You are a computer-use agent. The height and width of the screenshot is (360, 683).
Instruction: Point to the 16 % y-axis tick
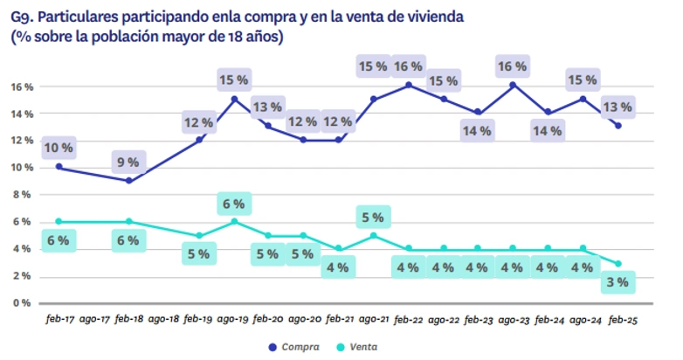pyautogui.click(x=22, y=87)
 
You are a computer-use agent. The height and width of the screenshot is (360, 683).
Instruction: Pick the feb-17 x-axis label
pyautogui.click(x=59, y=320)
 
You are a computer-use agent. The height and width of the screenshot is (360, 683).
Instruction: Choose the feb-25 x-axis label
pyautogui.click(x=620, y=320)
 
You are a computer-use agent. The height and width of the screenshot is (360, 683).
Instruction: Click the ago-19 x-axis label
pyautogui.click(x=234, y=320)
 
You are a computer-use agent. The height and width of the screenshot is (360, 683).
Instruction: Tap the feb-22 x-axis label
pyautogui.click(x=409, y=320)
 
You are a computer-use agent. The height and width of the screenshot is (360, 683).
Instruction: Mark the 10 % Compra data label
pyautogui.click(x=59, y=148)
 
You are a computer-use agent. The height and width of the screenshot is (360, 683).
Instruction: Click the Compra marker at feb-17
pyautogui.click(x=59, y=166)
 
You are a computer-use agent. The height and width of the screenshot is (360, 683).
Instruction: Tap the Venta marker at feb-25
pyautogui.click(x=618, y=263)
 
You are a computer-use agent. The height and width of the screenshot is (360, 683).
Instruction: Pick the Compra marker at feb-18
pyautogui.click(x=129, y=181)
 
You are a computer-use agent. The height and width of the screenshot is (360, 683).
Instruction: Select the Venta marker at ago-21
pyautogui.click(x=374, y=235)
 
